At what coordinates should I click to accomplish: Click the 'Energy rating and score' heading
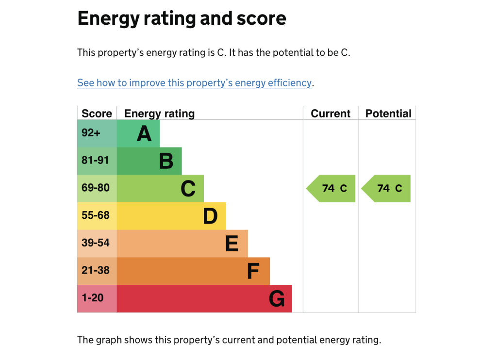[x=182, y=18]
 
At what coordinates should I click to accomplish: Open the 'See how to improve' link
[x=194, y=83]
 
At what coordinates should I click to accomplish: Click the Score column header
[x=97, y=114]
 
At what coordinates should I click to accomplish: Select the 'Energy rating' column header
[x=159, y=114]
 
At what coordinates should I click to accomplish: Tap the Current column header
[x=331, y=114]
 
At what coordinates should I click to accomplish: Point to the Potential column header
[x=388, y=114]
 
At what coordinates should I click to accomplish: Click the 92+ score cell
[x=91, y=133]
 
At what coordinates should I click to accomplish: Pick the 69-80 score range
[x=96, y=188]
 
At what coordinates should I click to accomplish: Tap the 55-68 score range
[x=96, y=215]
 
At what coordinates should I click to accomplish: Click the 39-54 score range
[x=96, y=243]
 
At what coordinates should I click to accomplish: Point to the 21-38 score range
[x=96, y=270]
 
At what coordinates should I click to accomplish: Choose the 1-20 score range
[x=93, y=298]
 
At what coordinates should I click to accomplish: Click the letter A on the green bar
[x=144, y=134]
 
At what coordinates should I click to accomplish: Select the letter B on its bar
[x=166, y=161]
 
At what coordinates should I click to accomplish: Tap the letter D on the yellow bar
[x=210, y=216]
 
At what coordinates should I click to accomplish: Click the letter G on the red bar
[x=277, y=299]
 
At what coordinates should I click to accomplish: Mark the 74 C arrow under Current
[x=332, y=188]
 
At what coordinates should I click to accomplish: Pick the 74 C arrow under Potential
[x=387, y=188]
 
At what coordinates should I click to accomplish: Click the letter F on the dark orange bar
[x=253, y=271]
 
